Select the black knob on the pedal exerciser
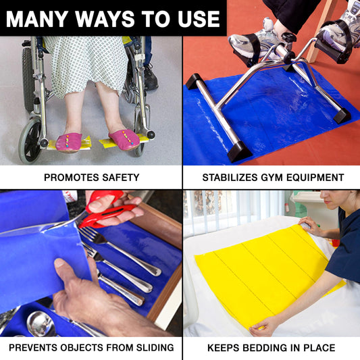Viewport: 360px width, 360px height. tap(288, 36)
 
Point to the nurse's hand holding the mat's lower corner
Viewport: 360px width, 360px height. tap(263, 326)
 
